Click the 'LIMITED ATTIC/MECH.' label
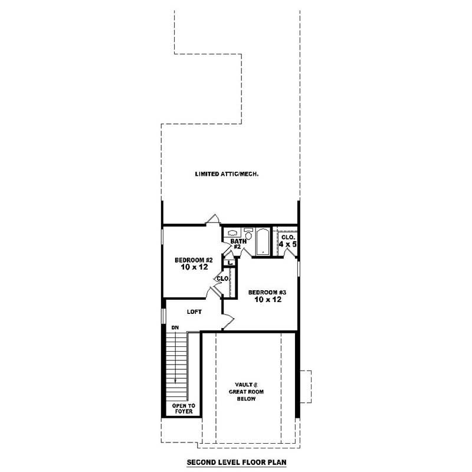(x=227, y=174)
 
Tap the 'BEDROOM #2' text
(x=193, y=260)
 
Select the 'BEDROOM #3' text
(x=267, y=292)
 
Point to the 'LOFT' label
(x=195, y=312)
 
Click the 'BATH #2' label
(x=237, y=244)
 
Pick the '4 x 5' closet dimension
(x=287, y=244)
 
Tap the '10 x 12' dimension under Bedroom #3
(x=267, y=300)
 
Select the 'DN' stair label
(x=175, y=327)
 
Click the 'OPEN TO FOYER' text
(x=183, y=408)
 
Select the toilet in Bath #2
(x=248, y=234)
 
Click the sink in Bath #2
(x=232, y=232)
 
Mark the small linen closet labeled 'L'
(x=230, y=263)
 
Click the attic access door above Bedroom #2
(x=213, y=219)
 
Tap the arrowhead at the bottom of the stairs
(x=175, y=381)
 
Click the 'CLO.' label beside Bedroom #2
(x=222, y=278)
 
